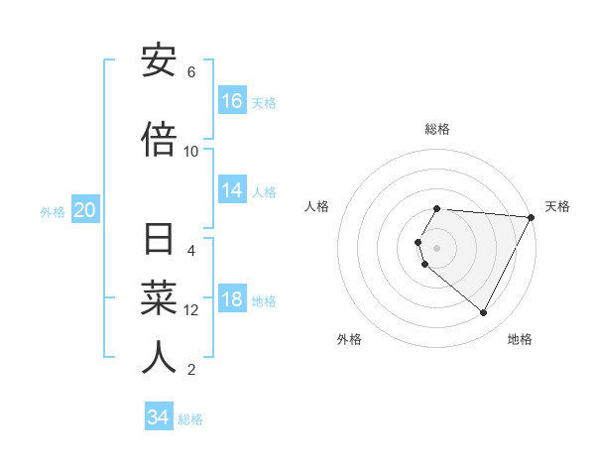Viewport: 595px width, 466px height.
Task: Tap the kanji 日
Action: (x=159, y=241)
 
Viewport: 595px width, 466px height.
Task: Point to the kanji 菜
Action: (x=159, y=298)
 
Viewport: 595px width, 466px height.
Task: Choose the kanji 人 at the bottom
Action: (x=159, y=357)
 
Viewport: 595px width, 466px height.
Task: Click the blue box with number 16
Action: (x=232, y=100)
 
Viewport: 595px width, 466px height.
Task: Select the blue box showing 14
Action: (x=232, y=190)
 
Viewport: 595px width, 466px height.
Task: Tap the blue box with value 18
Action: (x=232, y=299)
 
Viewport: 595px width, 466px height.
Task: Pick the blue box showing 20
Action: (x=85, y=210)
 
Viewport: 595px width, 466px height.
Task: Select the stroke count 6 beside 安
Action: (x=191, y=72)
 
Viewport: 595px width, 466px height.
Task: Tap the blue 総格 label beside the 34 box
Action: (x=190, y=419)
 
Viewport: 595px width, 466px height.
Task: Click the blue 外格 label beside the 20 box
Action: (x=53, y=212)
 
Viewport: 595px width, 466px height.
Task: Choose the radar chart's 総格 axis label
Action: (x=437, y=129)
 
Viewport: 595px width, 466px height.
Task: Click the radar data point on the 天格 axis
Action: (x=532, y=217)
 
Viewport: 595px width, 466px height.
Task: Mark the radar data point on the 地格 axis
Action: (x=484, y=313)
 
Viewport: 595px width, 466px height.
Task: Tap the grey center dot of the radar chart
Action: (x=437, y=248)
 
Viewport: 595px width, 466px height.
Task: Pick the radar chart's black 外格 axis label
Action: (x=349, y=339)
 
